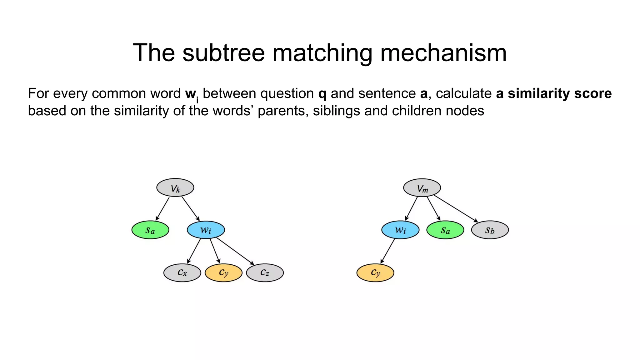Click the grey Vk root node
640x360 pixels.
click(x=175, y=188)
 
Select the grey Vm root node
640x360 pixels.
click(x=422, y=188)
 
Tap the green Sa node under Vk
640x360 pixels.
click(x=150, y=230)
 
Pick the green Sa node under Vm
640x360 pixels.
click(x=445, y=230)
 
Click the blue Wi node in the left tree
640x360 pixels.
click(x=206, y=230)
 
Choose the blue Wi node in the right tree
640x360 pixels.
click(x=400, y=230)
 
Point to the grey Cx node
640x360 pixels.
click(x=182, y=273)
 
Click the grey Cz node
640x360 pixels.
click(x=265, y=273)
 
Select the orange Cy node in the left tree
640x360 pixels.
click(x=223, y=273)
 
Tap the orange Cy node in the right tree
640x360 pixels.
click(x=375, y=273)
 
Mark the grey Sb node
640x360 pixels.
click(x=490, y=230)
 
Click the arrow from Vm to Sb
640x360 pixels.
click(x=456, y=209)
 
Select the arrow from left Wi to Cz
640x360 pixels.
click(x=235, y=251)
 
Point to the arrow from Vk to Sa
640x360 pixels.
click(x=162, y=209)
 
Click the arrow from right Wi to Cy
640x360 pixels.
click(x=388, y=251)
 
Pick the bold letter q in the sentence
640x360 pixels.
click(x=322, y=93)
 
